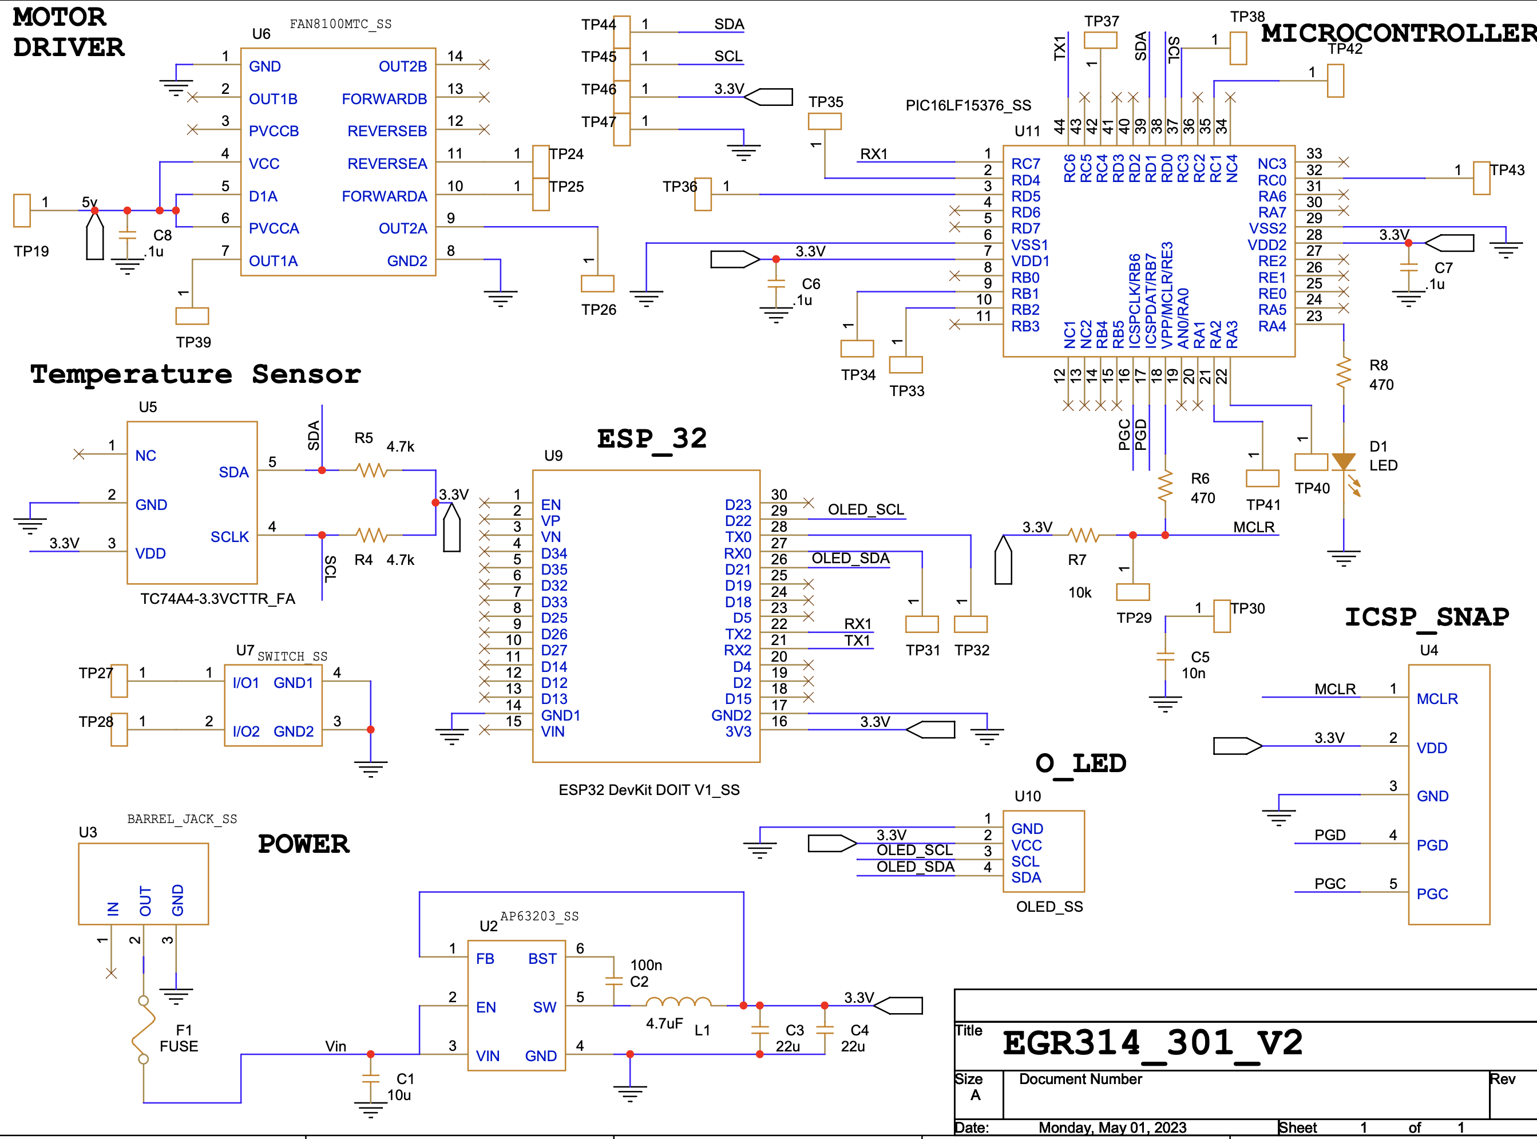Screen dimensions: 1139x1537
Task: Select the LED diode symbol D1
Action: click(1344, 462)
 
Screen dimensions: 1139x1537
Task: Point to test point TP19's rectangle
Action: click(22, 210)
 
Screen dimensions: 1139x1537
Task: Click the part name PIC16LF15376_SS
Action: click(968, 105)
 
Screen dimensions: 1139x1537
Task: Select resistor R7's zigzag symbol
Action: click(1083, 535)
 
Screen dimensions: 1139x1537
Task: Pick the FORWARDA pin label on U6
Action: click(384, 196)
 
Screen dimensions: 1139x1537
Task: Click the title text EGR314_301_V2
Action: click(1152, 1042)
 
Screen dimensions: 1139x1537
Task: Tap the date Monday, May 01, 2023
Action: click(1112, 1128)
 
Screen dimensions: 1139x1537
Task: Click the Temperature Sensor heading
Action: click(195, 374)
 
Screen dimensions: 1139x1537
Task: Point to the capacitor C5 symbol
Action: click(1165, 656)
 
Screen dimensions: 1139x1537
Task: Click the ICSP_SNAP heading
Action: click(1426, 616)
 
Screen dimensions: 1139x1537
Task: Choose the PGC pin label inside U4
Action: click(1432, 894)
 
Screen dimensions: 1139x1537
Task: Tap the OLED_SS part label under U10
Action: click(1049, 907)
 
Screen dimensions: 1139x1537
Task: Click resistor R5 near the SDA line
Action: click(371, 470)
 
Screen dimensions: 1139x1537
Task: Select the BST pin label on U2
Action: click(542, 958)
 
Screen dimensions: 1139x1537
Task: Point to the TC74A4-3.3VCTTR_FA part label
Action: click(218, 599)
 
